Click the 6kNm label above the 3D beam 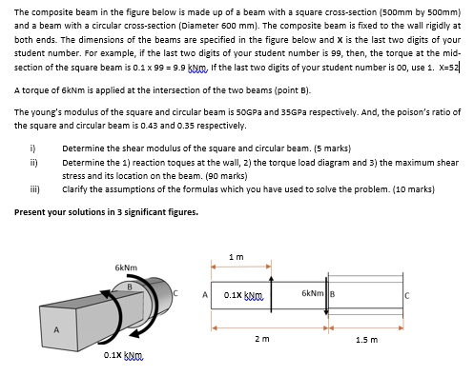click(x=125, y=267)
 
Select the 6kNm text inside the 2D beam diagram click(x=316, y=290)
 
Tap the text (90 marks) click(x=223, y=176)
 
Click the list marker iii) click(x=34, y=189)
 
